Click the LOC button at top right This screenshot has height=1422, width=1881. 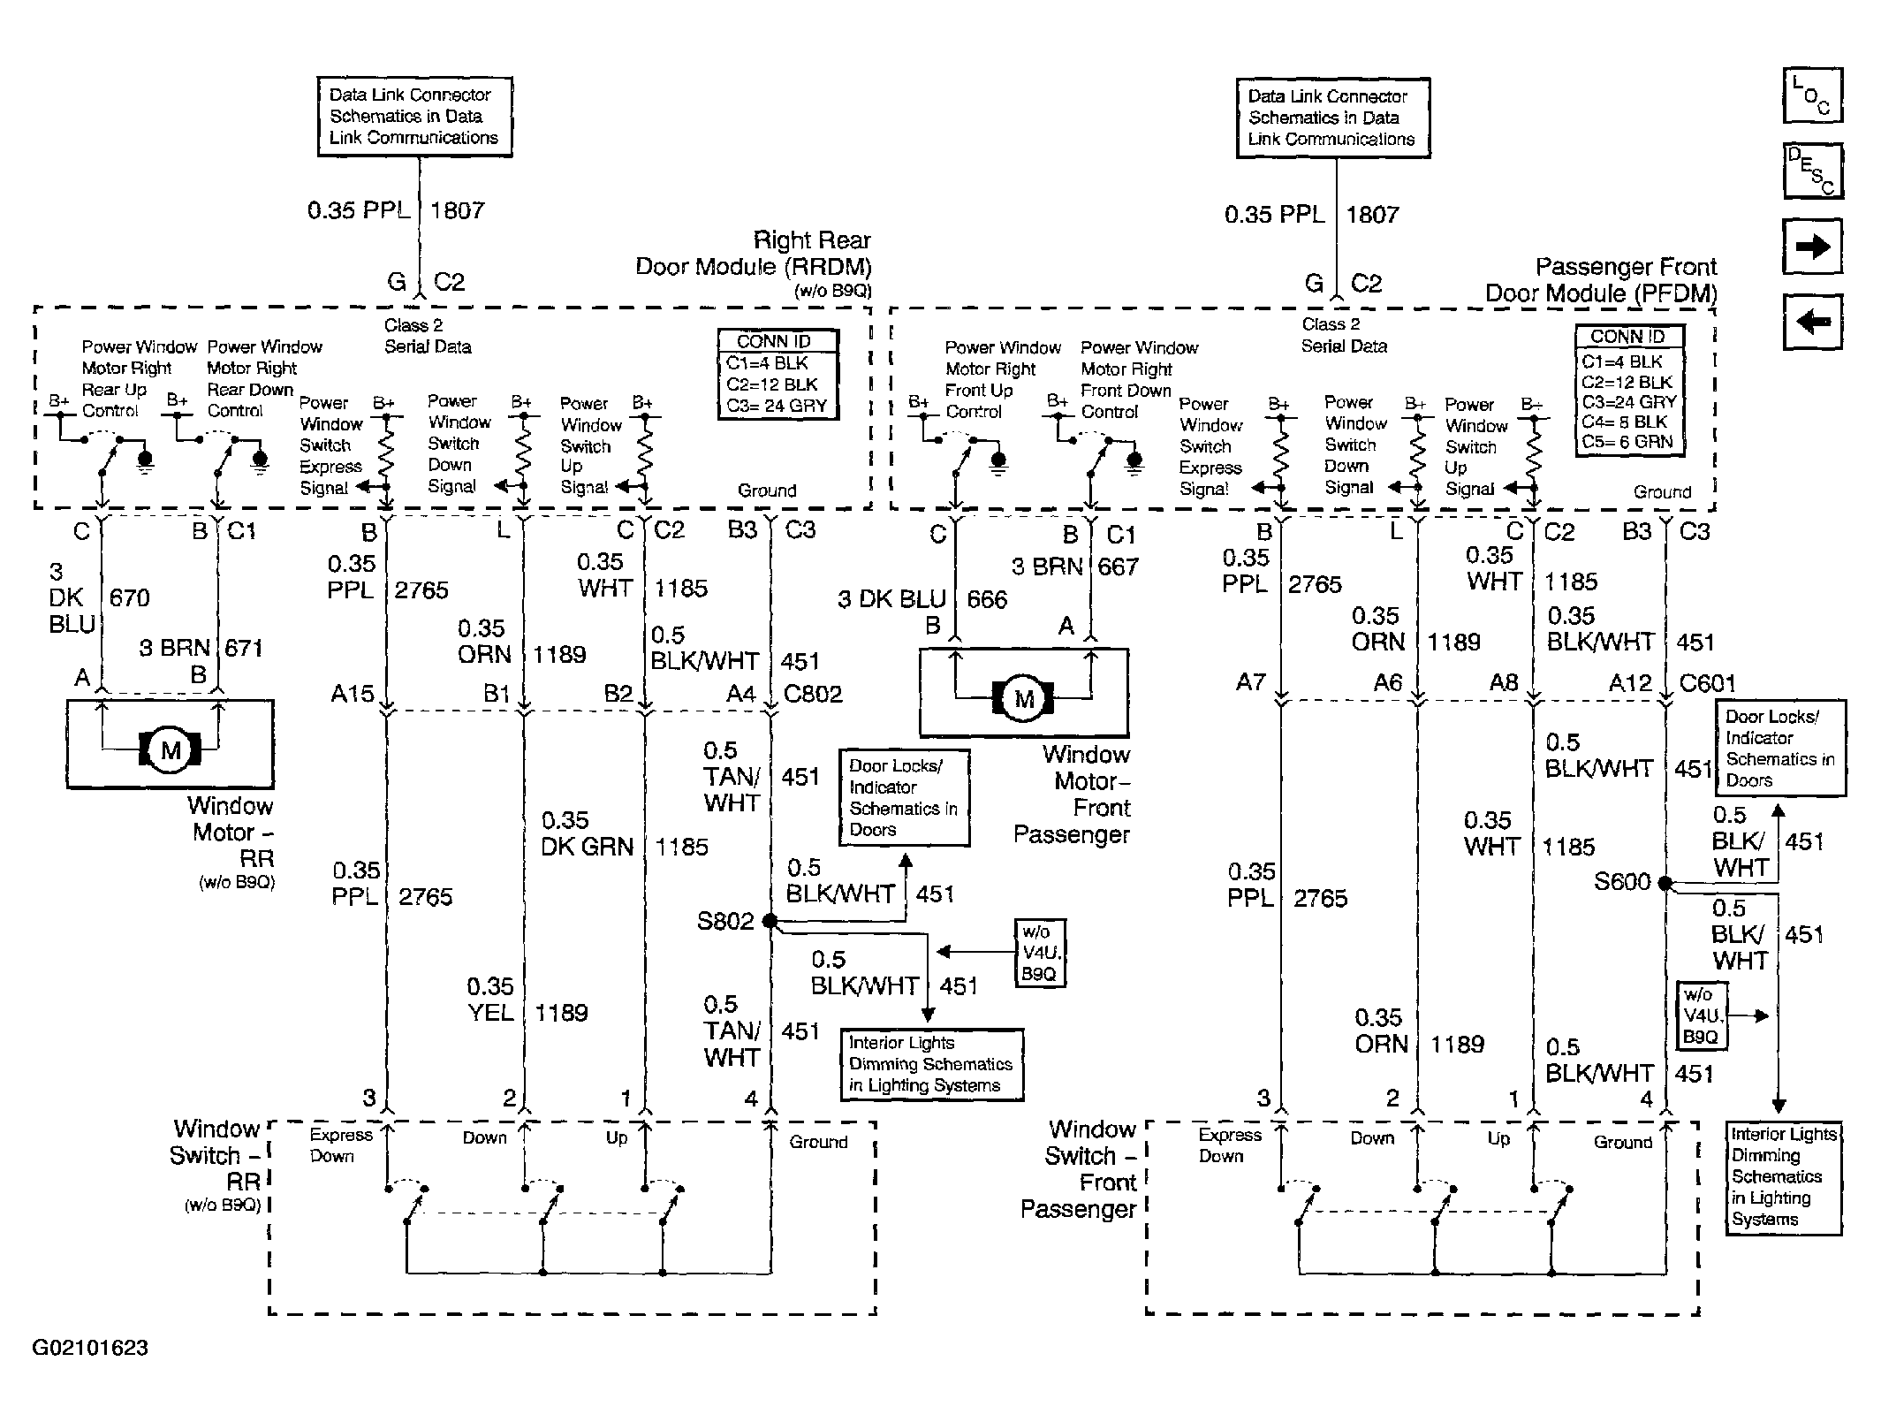click(1813, 95)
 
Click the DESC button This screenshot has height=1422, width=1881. click(1813, 170)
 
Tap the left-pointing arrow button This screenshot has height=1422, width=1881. click(1813, 321)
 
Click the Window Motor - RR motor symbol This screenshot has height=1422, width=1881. click(171, 750)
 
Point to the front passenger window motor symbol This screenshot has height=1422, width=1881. click(1024, 699)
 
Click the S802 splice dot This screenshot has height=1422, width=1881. click(770, 921)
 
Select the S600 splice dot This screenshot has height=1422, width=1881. click(1665, 882)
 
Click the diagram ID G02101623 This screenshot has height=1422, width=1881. click(90, 1348)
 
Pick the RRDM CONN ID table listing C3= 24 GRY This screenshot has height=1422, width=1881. click(777, 373)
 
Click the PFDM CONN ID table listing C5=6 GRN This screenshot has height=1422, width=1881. click(1630, 391)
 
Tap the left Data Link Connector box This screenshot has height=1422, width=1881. click(414, 117)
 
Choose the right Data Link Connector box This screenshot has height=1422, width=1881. click(1332, 118)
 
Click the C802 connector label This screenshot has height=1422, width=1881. click(813, 694)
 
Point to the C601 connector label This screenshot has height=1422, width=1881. click(1708, 683)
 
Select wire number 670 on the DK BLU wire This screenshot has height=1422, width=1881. click(129, 598)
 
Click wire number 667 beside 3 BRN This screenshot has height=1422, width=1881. click(1118, 567)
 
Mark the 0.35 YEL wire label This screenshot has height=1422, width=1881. click(490, 1000)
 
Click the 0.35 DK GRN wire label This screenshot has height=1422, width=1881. click(588, 833)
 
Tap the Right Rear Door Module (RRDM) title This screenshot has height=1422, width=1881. click(754, 254)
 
